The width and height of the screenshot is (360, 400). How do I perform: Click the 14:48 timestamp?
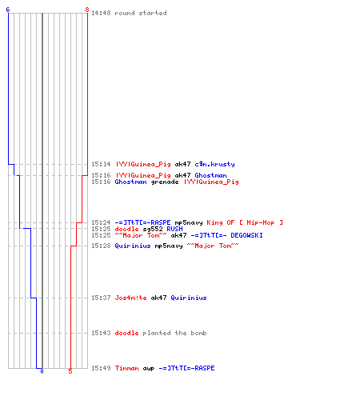coord(101,13)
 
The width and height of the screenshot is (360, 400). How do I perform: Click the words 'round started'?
coord(141,13)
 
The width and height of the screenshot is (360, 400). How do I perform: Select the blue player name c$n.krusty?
coord(214,164)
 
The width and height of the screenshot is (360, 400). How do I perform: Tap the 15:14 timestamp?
coord(101,164)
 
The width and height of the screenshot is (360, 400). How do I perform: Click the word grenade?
coord(165,182)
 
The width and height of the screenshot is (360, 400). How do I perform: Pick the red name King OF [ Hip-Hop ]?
coord(245,222)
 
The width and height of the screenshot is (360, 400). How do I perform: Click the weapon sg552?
coord(153,229)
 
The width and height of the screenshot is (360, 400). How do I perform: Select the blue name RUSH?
coord(174,229)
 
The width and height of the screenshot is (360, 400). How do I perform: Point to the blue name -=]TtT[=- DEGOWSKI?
coord(227,235)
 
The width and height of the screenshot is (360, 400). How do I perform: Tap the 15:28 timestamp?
coord(101,246)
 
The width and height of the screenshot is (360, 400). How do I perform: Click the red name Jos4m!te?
coord(130,298)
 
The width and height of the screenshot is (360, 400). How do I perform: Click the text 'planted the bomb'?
coord(174,333)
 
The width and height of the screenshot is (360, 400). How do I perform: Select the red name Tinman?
coord(126,368)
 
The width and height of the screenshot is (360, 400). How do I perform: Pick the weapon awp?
coord(149,369)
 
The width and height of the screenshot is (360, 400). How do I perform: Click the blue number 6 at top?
coord(8,10)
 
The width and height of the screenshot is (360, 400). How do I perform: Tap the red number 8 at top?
coord(87,10)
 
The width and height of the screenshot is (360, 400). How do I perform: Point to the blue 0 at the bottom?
coord(42,371)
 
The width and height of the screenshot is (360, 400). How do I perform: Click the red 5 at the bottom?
coord(70,371)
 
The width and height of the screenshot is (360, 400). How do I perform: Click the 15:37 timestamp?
coord(101,298)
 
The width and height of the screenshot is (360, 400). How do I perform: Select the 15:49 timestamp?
coord(101,368)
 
